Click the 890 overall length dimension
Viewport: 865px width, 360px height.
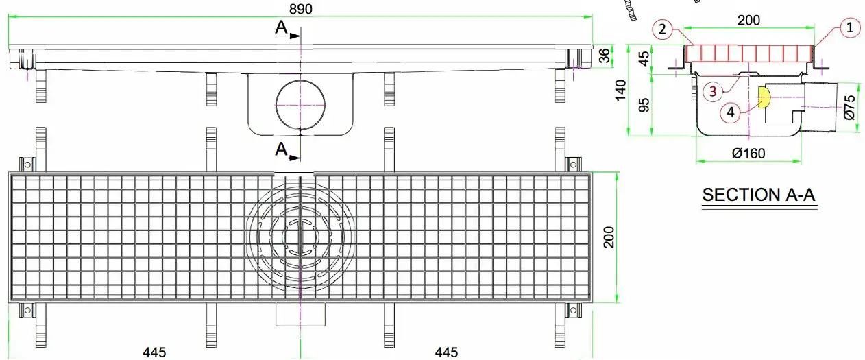[300, 9]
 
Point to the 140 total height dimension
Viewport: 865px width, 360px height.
[620, 89]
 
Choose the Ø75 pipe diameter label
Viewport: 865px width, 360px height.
[850, 107]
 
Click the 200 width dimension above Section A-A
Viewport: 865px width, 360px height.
[748, 20]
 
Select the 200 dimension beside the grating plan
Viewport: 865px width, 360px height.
[608, 237]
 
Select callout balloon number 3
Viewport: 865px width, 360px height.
[712, 90]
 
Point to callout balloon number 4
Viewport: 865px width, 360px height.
[732, 112]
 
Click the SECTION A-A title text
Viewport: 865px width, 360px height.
[759, 195]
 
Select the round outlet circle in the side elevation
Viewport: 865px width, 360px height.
[301, 104]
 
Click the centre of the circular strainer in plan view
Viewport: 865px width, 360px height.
[300, 237]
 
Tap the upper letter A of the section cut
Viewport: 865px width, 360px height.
[280, 27]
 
